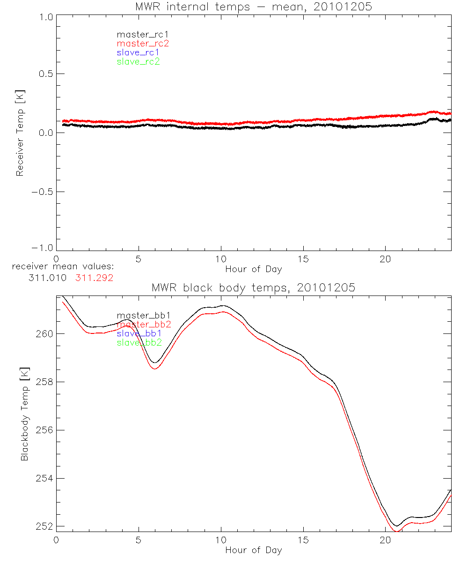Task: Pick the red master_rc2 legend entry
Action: click(142, 44)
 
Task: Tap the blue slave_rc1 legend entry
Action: click(138, 52)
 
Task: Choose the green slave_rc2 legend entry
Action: click(138, 61)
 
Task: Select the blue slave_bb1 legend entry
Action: click(139, 333)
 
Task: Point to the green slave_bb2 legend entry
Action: click(139, 342)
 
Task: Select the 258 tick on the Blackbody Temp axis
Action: click(43, 382)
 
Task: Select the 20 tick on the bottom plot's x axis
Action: click(385, 540)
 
